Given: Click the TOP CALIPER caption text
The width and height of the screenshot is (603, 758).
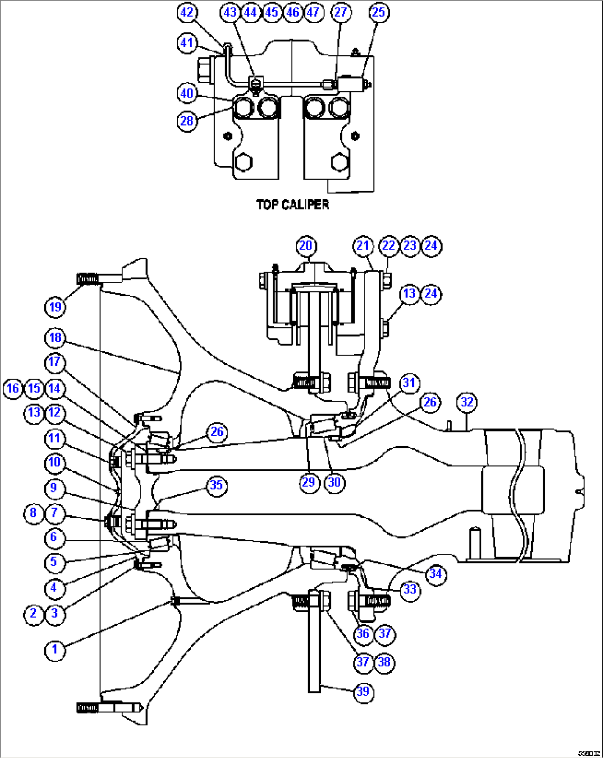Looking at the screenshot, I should (x=293, y=205).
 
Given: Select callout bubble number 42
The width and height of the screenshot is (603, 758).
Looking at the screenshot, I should (x=188, y=12).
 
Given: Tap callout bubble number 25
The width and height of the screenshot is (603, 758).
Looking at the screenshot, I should (x=379, y=12).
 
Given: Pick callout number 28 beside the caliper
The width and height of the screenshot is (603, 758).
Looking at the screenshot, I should (x=188, y=121).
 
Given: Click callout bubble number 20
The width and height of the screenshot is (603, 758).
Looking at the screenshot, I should (x=306, y=246).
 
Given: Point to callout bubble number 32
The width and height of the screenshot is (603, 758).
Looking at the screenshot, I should (x=467, y=402).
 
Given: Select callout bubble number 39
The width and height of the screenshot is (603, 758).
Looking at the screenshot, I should (x=363, y=692).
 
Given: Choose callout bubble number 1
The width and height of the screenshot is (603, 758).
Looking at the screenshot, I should (x=55, y=650).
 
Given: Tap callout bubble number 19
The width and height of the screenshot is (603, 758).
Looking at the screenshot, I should (x=55, y=307).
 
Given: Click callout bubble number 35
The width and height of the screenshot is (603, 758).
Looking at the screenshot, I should (x=216, y=485).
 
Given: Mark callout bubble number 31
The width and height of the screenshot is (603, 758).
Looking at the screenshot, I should (x=409, y=383).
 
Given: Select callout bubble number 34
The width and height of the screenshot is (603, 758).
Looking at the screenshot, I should (x=435, y=574).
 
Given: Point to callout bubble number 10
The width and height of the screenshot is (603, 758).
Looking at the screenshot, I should (x=54, y=462).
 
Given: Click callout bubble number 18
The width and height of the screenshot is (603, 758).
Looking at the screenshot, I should (x=55, y=338).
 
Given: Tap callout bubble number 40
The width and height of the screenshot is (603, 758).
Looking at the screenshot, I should (x=188, y=93).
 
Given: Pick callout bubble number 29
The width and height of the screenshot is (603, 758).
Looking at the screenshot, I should (x=308, y=482).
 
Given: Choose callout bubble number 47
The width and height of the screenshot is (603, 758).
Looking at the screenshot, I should (x=313, y=12).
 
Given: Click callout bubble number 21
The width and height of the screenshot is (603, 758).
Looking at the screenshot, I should (x=363, y=246).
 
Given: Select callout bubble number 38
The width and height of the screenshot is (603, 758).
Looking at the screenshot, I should (x=384, y=662).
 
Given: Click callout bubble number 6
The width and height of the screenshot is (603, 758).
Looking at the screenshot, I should (x=54, y=537).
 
